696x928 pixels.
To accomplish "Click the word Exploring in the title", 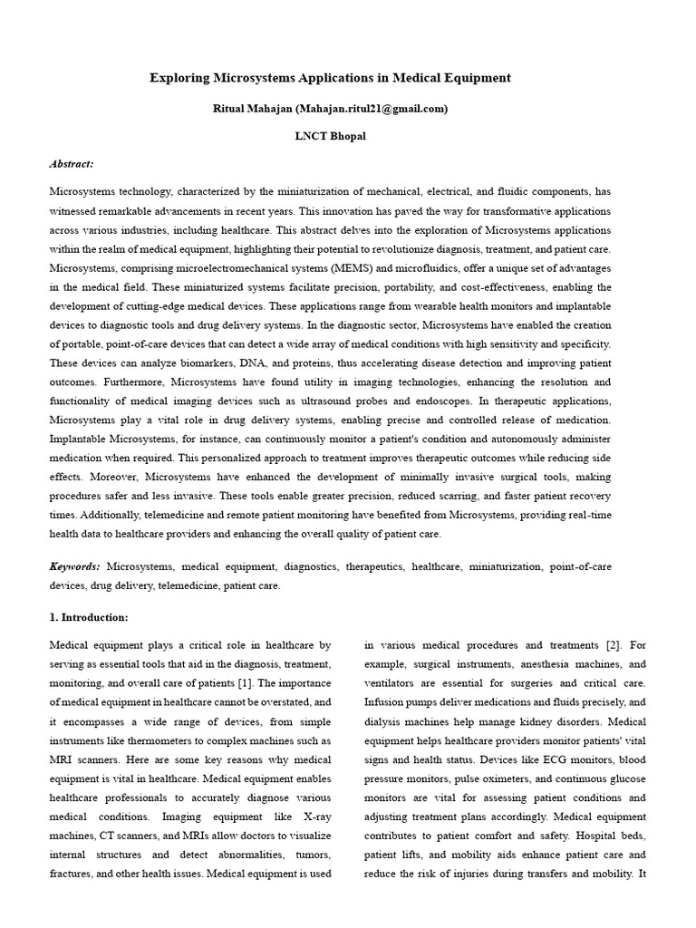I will coord(178,78).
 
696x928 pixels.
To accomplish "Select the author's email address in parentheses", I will coord(372,109).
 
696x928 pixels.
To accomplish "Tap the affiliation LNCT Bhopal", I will coord(329,137).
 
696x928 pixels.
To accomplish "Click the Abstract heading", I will coord(72,165).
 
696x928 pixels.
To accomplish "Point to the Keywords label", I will coord(74,566).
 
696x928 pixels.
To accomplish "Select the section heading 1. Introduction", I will coord(88,618).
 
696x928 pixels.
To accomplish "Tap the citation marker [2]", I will coord(614,645).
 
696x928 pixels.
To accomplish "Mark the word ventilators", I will coord(396,682).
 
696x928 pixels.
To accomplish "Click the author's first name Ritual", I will coord(229,109).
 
